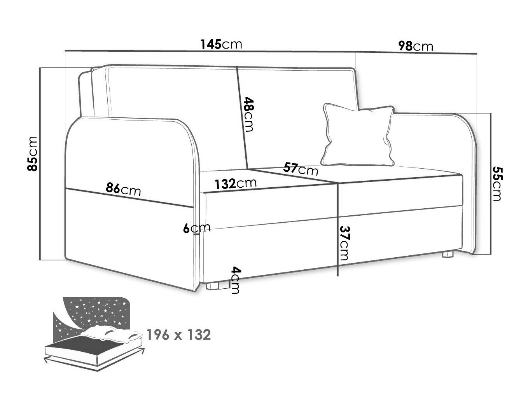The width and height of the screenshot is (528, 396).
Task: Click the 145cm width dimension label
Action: point(221,44)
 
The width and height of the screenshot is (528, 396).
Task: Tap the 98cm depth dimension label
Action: point(415,46)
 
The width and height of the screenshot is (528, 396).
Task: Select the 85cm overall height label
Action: point(33,154)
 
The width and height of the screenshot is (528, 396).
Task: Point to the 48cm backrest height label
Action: point(248,114)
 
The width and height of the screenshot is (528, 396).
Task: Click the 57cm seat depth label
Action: point(301,169)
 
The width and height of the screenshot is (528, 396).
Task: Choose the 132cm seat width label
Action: point(236,183)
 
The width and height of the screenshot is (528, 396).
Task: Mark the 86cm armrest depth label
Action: point(123,190)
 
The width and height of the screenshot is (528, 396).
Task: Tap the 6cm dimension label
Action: point(196,228)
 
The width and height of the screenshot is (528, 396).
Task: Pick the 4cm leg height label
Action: point(235,280)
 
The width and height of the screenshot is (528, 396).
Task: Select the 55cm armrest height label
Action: point(496,183)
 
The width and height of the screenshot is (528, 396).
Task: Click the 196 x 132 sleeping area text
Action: point(178,335)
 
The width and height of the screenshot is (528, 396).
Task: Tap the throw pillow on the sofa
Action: point(358,135)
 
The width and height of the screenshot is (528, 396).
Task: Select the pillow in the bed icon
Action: point(111,334)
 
